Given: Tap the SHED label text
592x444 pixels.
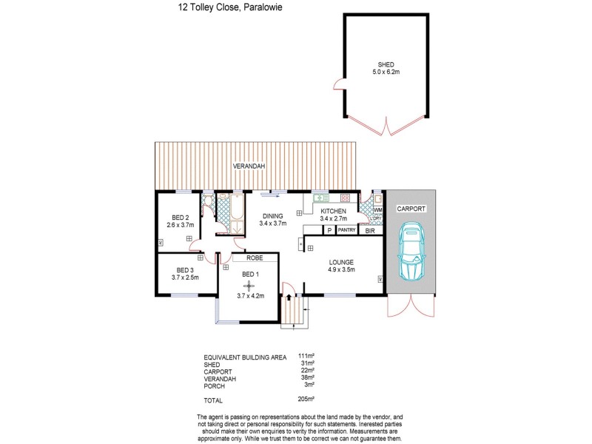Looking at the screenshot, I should pos(385,64).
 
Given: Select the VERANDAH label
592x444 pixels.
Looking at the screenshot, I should pos(249,166).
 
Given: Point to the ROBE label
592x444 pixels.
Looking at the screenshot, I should pos(254,259).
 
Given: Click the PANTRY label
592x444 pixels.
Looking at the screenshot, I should pos(346,231).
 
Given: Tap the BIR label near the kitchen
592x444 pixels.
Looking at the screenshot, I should pos(370,231).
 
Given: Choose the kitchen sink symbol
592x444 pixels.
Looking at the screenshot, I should pos(320,198).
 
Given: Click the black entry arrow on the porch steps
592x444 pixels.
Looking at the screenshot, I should pos(289,297).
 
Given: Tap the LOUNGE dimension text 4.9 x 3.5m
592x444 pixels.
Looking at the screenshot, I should pos(342,270).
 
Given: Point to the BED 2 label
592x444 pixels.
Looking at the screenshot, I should pos(180,217).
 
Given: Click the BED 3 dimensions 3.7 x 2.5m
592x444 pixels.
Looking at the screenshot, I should pos(186,277).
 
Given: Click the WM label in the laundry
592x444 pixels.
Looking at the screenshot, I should pos(377,210).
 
